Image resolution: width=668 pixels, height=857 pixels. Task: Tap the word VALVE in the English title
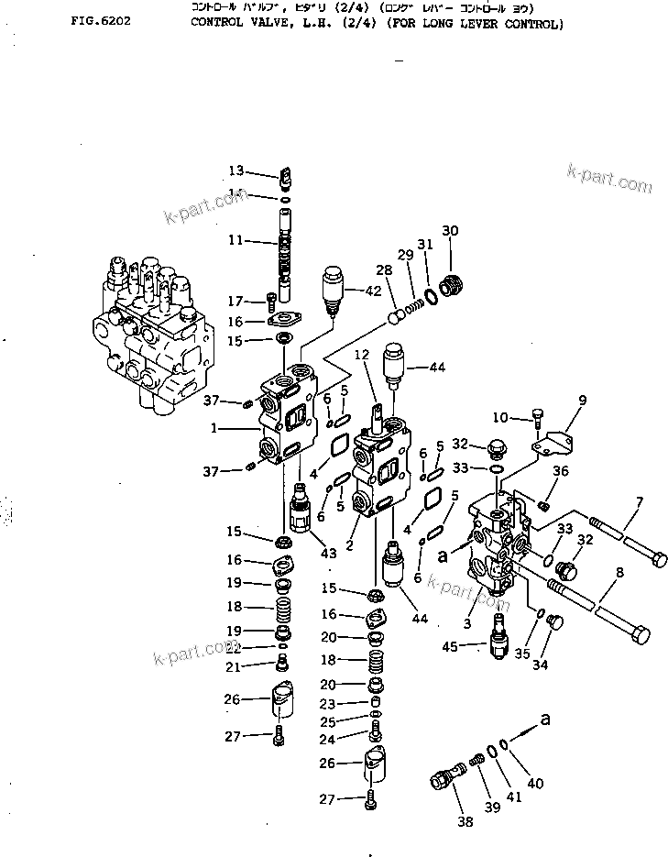(261, 24)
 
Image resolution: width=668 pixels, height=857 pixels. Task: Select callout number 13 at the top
(236, 170)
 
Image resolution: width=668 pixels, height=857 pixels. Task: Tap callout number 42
(372, 291)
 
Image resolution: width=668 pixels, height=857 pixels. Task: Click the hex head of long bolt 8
(641, 633)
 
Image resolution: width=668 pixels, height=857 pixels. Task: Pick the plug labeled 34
(553, 622)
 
